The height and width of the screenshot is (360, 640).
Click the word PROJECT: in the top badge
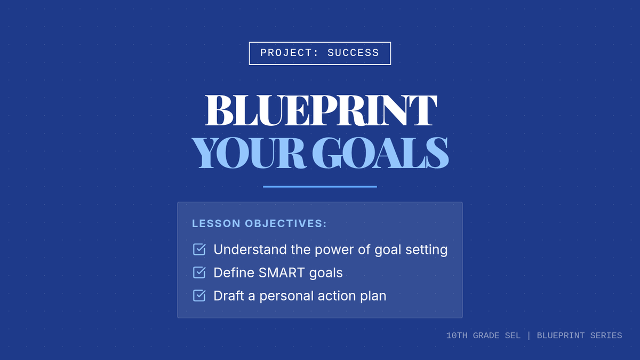[x=289, y=53]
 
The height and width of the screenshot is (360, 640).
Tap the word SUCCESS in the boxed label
[x=353, y=53]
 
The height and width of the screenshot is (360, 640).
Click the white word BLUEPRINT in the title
[x=321, y=110]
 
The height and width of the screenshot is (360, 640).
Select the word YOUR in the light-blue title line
[x=249, y=153]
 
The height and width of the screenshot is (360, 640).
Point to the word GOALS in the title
[x=380, y=153]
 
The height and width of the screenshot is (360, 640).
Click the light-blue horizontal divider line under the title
[x=320, y=187]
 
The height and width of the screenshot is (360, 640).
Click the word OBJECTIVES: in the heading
[x=286, y=223]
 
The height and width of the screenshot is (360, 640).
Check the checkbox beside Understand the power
[x=199, y=250]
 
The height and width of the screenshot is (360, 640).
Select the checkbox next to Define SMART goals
[x=199, y=273]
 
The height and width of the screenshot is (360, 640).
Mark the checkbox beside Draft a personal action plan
[x=199, y=295]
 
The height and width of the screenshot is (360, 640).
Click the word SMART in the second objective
[x=282, y=273]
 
